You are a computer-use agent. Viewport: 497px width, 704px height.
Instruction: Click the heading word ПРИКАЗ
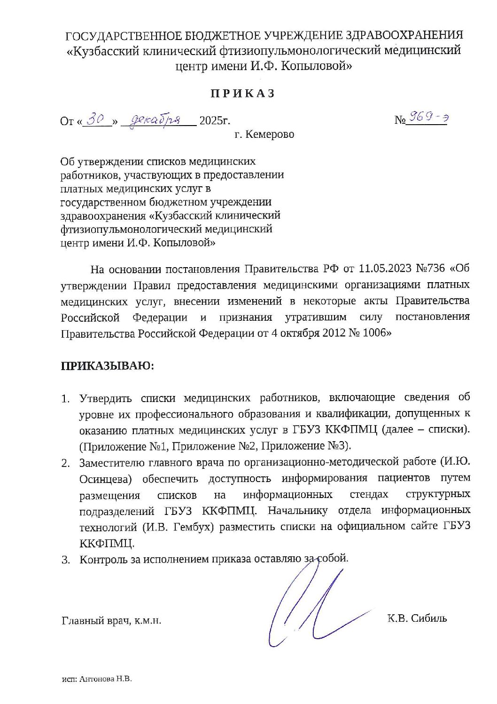[x=242, y=94]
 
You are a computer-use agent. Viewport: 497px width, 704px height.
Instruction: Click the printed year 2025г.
[x=215, y=120]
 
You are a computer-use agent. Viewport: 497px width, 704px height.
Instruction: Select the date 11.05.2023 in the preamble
[x=385, y=269]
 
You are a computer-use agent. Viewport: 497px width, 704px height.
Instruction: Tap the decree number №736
[x=430, y=269]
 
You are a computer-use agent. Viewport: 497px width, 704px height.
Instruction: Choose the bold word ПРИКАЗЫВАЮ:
[x=107, y=366]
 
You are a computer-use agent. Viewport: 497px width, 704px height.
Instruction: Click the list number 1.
[x=65, y=399]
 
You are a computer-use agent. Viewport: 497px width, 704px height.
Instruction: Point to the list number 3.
[x=65, y=560]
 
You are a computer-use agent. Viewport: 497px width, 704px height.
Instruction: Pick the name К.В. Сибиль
[x=417, y=618]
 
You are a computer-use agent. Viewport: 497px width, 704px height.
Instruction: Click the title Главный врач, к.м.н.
[x=111, y=621]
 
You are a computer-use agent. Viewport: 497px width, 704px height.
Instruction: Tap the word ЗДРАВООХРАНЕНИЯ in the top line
[x=404, y=35]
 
